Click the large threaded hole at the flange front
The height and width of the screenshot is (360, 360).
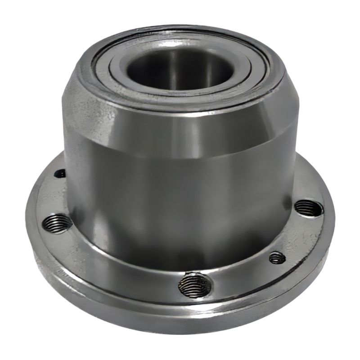pyautogui.click(x=194, y=285)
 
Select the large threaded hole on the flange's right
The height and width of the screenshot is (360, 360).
pyautogui.click(x=309, y=207)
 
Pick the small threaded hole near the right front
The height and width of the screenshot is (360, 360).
pyautogui.click(x=277, y=257)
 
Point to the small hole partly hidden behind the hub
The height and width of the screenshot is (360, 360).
pyautogui.click(x=60, y=173)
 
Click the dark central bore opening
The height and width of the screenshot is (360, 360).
pyautogui.click(x=180, y=67)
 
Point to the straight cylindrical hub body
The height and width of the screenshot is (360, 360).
pyautogui.click(x=180, y=202)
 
